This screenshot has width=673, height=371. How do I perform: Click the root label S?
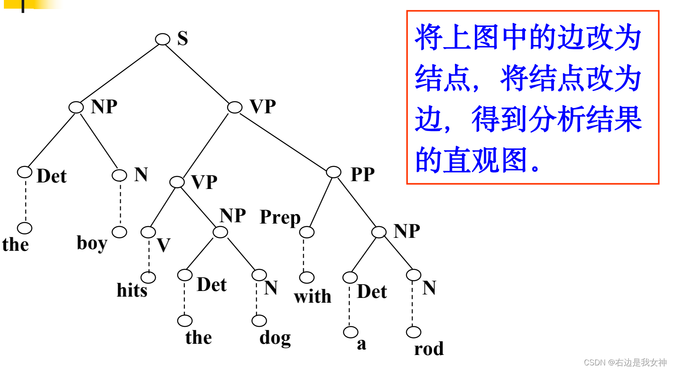(x=183, y=38)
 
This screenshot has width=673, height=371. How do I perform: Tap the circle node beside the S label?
(x=163, y=39)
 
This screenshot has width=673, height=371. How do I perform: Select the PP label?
(x=362, y=174)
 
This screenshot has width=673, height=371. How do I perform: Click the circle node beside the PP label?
(x=333, y=172)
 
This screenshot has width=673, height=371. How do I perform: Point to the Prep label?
(x=280, y=217)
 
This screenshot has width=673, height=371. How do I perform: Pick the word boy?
(x=92, y=243)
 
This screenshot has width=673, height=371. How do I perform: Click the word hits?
(x=132, y=290)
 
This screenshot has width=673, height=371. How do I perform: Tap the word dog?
(x=275, y=338)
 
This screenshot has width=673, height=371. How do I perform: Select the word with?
(x=312, y=297)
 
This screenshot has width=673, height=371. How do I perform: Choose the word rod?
(x=429, y=349)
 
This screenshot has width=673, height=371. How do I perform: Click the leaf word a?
(x=362, y=344)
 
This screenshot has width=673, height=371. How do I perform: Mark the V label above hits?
(x=163, y=245)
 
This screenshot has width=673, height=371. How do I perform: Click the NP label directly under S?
(x=104, y=106)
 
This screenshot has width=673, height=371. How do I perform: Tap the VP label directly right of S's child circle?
(x=263, y=106)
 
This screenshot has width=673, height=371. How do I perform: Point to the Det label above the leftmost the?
(x=51, y=176)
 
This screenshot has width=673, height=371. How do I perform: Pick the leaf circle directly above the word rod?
(x=413, y=332)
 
